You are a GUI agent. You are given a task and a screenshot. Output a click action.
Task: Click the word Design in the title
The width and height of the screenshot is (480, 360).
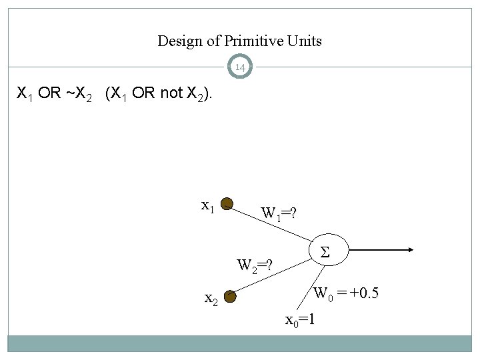pyautogui.click(x=179, y=41)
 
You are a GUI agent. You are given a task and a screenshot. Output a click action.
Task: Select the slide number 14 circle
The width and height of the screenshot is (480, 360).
pyautogui.click(x=240, y=67)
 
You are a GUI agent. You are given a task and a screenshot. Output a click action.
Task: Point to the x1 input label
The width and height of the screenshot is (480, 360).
pyautogui.click(x=208, y=206)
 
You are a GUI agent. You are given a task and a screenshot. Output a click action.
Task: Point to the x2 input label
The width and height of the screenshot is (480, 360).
pyautogui.click(x=210, y=300)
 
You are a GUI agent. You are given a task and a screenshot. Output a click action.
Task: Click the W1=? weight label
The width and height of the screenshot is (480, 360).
pyautogui.click(x=278, y=213)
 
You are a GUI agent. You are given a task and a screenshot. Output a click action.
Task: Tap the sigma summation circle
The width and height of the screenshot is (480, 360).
pyautogui.click(x=327, y=251)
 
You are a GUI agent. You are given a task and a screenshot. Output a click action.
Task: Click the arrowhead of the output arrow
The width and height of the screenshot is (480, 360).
pyautogui.click(x=410, y=251)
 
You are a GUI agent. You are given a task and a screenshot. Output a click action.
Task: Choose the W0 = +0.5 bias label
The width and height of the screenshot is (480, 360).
pyautogui.click(x=346, y=292)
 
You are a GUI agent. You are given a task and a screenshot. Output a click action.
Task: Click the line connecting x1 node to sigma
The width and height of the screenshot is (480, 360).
pyautogui.click(x=273, y=226)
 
